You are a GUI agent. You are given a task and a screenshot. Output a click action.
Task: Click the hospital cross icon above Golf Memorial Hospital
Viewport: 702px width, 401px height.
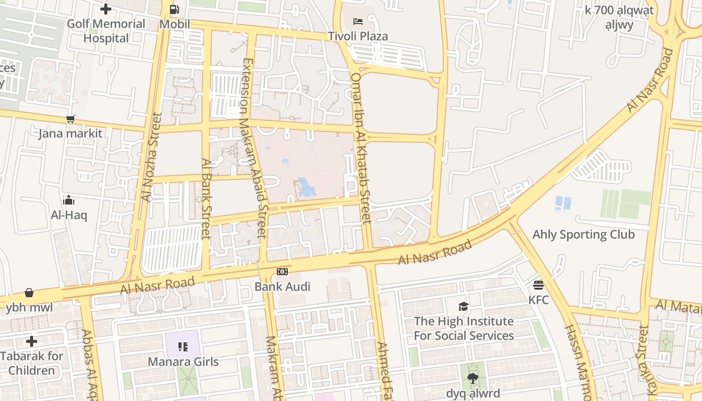click(106, 9)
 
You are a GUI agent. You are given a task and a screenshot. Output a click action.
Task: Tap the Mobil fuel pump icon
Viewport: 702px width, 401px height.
click(174, 9)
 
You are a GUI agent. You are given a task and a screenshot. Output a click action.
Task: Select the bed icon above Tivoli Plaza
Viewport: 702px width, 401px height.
click(358, 21)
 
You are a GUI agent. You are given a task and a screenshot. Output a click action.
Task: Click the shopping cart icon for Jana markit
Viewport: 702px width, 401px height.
click(71, 119)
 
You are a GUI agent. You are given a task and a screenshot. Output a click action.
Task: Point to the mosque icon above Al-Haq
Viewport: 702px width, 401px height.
click(69, 200)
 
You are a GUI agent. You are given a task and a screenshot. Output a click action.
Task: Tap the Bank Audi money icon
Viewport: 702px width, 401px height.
click(282, 271)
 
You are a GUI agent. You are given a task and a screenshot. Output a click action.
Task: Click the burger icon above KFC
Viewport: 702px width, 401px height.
click(539, 285)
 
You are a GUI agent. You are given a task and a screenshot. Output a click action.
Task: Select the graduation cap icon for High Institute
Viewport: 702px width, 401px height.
click(463, 306)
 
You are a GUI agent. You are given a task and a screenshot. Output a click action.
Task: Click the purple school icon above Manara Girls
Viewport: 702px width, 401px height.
click(183, 346)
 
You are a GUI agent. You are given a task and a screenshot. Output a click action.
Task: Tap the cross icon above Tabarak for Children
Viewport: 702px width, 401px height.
click(32, 341)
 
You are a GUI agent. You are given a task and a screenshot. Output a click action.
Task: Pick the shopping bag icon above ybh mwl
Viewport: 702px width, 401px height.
click(29, 293)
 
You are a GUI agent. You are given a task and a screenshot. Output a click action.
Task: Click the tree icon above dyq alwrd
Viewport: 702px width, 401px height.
click(472, 378)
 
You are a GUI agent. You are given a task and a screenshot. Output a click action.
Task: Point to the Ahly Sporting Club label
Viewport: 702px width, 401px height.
click(583, 235)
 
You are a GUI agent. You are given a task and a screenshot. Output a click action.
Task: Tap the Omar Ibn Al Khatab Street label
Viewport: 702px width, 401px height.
click(361, 148)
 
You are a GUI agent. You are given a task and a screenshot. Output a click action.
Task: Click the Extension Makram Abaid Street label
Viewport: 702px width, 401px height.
click(254, 148)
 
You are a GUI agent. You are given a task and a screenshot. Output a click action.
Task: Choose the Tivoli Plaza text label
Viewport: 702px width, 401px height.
click(358, 36)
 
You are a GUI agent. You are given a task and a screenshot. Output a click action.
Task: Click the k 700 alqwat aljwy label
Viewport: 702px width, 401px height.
click(619, 17)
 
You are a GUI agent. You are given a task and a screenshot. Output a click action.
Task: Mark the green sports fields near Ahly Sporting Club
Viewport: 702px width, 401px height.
click(626, 204)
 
